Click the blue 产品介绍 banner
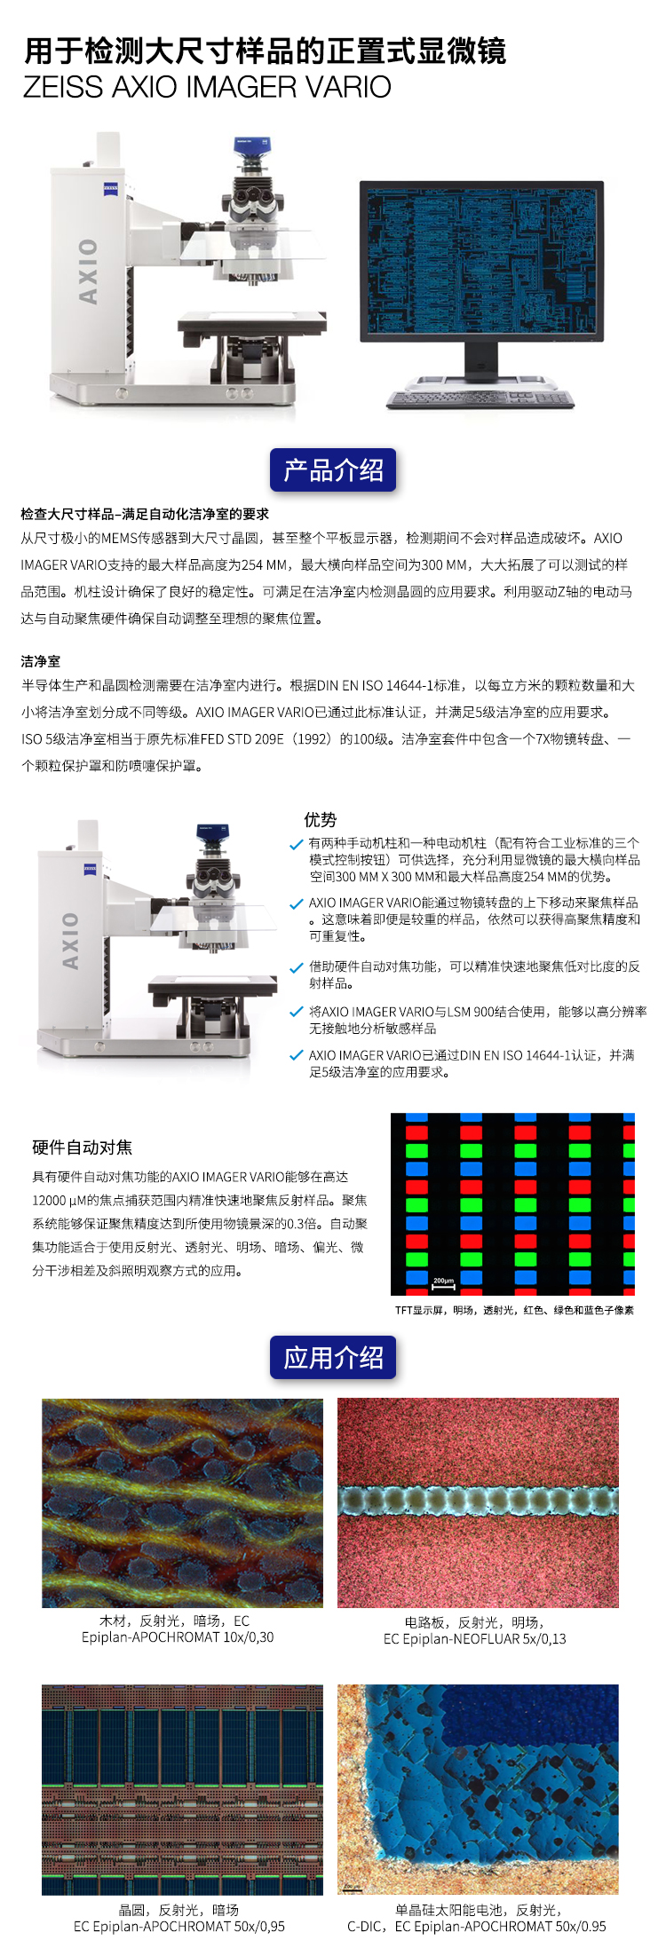(333, 469)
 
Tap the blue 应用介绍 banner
(333, 1358)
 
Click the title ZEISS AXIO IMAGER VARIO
(207, 87)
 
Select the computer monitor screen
(481, 261)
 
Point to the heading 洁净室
(41, 661)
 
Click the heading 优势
(321, 819)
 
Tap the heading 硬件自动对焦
(83, 1148)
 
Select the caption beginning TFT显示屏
(514, 1310)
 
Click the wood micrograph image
(183, 1503)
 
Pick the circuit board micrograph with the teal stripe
(478, 1503)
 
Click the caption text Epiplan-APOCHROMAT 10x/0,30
(178, 1637)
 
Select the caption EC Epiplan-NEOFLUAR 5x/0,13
(475, 1639)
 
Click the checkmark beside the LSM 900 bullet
(297, 1012)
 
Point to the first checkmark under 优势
(297, 844)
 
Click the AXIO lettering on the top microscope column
(88, 271)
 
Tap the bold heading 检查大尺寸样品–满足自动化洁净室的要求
(145, 514)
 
